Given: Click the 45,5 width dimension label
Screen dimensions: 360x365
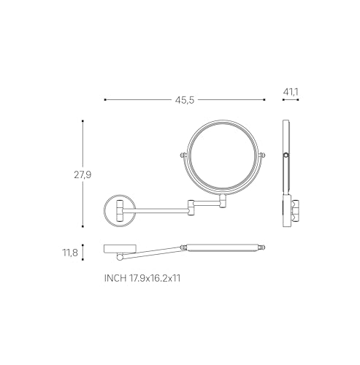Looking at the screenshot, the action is click(185, 100).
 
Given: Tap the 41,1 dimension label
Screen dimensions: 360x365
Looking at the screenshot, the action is click(291, 92).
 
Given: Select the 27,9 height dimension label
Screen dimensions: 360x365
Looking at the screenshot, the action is click(83, 174).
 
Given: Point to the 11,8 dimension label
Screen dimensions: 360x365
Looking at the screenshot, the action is click(70, 253).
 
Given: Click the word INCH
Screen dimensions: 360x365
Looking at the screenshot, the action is click(115, 278).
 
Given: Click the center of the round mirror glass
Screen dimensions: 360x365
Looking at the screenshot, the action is click(223, 157).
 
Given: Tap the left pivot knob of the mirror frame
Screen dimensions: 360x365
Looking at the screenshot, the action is click(183, 155).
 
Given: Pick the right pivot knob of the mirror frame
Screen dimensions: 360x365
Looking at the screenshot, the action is click(262, 155).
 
